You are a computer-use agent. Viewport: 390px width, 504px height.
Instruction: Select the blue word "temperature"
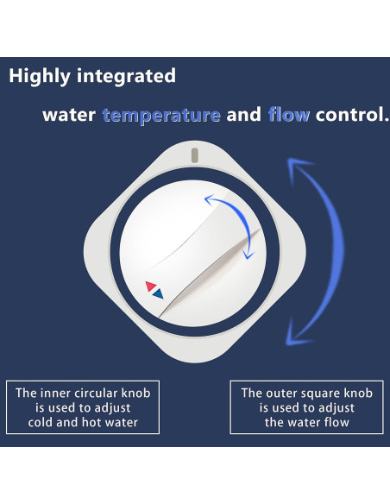[161, 115]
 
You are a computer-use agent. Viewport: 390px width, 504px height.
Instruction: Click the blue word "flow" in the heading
[288, 115]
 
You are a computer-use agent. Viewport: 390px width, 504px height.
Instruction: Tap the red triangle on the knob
[151, 287]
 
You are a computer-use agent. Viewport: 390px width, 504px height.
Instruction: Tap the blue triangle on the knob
[159, 293]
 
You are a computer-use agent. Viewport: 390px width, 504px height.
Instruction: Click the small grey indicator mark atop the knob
[195, 155]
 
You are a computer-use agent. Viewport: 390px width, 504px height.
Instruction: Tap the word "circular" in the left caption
[105, 393]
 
